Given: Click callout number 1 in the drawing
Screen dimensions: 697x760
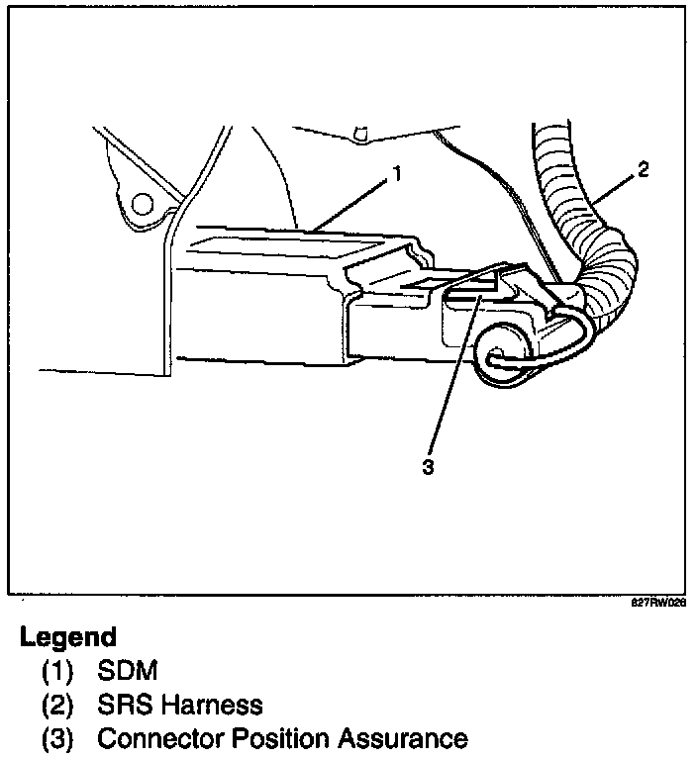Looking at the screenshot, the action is pyautogui.click(x=396, y=175).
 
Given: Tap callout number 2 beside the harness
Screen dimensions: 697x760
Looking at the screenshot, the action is pyautogui.click(x=643, y=169).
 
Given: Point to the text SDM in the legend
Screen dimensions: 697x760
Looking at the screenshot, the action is pyautogui.click(x=129, y=672).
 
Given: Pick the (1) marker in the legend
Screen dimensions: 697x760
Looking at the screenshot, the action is pyautogui.click(x=56, y=672).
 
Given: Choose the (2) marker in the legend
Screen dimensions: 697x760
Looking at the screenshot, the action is pyautogui.click(x=56, y=705).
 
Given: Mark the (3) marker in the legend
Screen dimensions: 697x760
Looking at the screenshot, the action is pyautogui.click(x=56, y=738).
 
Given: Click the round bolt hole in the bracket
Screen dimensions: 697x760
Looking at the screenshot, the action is pyautogui.click(x=143, y=205).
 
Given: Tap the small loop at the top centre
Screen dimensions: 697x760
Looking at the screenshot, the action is pyautogui.click(x=360, y=133).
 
